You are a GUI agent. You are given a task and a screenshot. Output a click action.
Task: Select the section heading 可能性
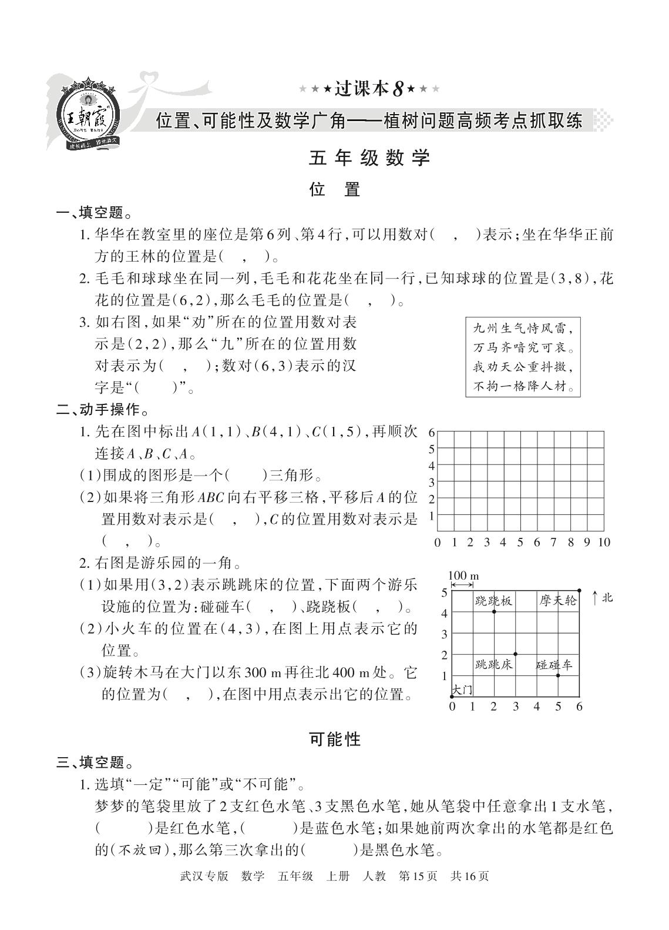coord(335,739)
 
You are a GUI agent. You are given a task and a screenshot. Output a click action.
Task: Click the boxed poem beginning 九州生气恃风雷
coord(523,356)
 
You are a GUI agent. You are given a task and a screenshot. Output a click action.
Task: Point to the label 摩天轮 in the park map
coord(557,601)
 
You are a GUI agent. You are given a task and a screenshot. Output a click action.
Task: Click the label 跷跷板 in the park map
coord(493,601)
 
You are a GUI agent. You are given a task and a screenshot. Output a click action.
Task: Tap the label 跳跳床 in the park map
coord(493,665)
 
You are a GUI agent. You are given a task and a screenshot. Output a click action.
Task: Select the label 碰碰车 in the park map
coord(554,665)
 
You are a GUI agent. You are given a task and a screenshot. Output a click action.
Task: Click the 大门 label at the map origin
coord(462,689)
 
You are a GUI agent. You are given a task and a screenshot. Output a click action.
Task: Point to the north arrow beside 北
coord(596,598)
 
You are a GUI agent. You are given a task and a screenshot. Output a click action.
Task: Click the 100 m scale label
coord(463,576)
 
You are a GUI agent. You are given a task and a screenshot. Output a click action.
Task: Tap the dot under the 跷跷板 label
coord(494,612)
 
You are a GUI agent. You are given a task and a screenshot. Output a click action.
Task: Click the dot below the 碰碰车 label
coord(557,675)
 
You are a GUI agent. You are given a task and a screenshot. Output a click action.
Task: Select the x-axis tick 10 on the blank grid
coord(604,542)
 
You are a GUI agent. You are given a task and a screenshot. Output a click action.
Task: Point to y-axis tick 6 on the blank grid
coord(431,432)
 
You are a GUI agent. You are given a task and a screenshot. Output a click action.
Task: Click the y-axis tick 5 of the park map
coord(445,593)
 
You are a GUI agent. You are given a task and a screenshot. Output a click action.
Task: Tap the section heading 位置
coord(334,189)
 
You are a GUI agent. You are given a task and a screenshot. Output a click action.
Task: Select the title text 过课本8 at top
coord(369,89)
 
